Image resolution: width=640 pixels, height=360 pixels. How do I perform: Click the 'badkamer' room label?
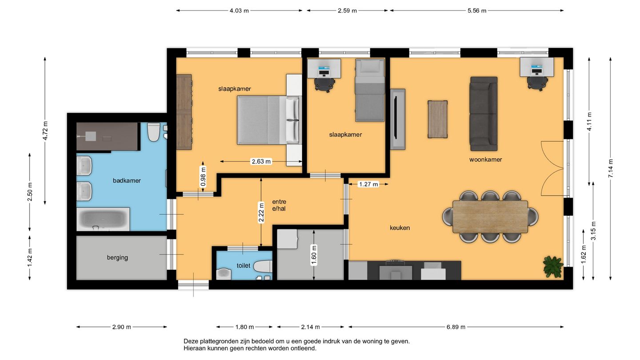point(127,180)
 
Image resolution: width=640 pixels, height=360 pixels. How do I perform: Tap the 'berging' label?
point(117,257)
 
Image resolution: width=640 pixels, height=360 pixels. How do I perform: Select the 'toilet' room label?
point(244,265)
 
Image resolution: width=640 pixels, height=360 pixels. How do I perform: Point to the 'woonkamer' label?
point(485,160)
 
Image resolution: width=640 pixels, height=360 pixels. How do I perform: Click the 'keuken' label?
point(400,228)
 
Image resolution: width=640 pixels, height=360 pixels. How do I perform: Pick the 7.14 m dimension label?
point(611,168)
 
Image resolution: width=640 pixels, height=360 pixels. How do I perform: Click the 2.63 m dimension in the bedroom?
point(261,161)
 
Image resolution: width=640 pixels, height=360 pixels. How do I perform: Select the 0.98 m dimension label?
point(203,176)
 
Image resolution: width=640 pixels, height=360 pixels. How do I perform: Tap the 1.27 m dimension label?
point(368,184)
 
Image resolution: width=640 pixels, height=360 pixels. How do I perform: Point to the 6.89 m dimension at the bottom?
point(456,327)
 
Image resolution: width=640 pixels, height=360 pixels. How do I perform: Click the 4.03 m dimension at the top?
point(239,11)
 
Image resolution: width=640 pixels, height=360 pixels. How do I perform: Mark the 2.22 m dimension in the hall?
point(261,212)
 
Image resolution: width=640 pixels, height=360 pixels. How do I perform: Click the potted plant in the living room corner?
point(553,267)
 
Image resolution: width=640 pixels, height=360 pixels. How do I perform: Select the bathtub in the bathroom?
point(103,219)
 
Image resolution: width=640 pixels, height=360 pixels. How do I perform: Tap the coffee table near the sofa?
point(437,120)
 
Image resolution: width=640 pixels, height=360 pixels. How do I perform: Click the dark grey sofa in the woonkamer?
point(484,114)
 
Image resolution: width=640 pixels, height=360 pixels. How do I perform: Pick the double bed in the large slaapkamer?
point(269,120)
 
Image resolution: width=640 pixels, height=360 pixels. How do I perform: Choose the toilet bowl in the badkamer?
point(153,132)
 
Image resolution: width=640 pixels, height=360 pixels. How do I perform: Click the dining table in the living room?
point(490,217)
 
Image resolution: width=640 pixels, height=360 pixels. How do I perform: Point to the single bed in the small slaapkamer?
point(370,90)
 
